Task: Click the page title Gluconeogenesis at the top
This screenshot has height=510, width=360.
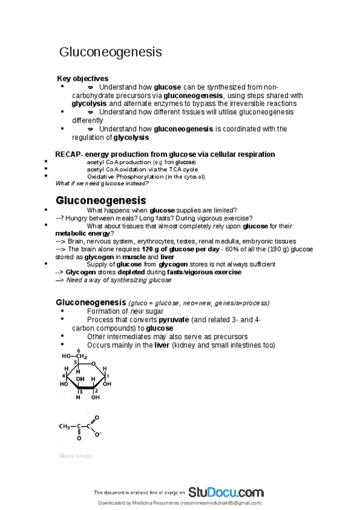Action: [x=110, y=52]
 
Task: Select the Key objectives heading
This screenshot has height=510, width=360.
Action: [x=82, y=79]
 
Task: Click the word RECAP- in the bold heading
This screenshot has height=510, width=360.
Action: [x=69, y=155]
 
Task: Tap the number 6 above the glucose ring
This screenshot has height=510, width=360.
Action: [x=78, y=351]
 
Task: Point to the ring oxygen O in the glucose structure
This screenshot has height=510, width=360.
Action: [x=93, y=363]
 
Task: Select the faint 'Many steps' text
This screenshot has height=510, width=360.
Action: [x=75, y=456]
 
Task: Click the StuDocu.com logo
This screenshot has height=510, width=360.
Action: [x=225, y=492]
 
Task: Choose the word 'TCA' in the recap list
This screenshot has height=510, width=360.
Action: [x=168, y=170]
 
